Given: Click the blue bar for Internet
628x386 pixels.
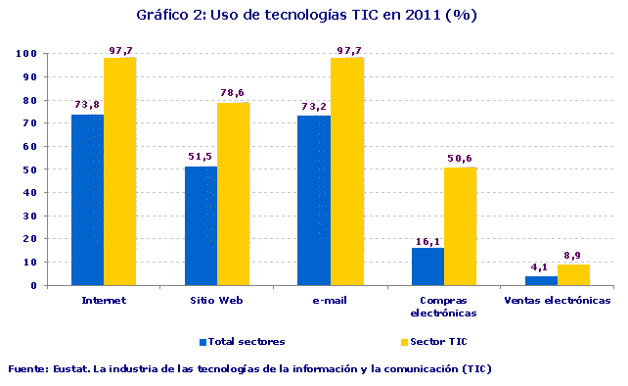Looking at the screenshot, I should tap(87, 200).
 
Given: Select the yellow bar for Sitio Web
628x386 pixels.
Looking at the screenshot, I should tap(233, 194).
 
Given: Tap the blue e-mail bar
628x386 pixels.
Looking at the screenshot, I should tap(314, 201).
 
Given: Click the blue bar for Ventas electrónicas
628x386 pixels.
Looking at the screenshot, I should tap(541, 280).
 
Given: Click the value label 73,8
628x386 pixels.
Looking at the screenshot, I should tap(87, 104).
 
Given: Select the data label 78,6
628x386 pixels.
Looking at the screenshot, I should tap(233, 92).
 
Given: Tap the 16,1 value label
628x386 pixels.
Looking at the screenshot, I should tap(427, 238).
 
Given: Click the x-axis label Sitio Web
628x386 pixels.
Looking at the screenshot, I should tap(217, 301).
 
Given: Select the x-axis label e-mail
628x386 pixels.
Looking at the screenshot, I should tap(330, 301).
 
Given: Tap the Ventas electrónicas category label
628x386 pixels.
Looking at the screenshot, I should tap(557, 301).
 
